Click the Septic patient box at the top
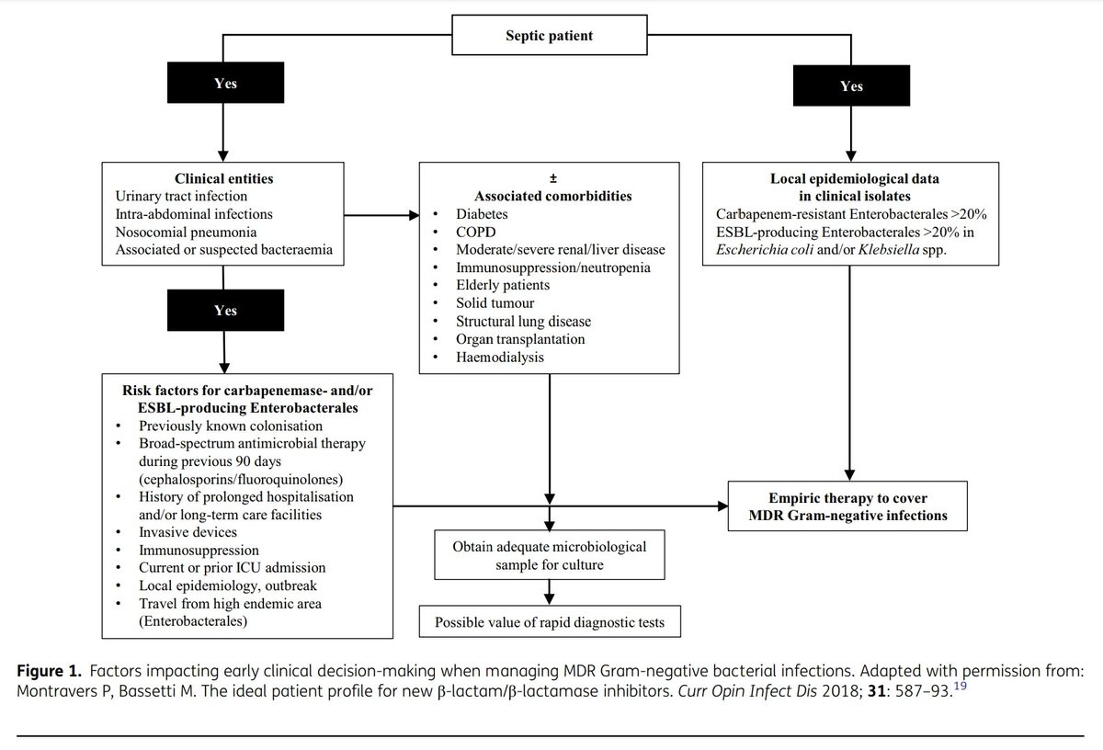pos(550,37)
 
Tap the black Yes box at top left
pos(224,84)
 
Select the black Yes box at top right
pos(851,86)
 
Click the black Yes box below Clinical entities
pos(224,311)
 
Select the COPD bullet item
pos(476,232)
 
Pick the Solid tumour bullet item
pos(495,303)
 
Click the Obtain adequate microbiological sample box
pos(550,555)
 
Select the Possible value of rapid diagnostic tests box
pos(550,622)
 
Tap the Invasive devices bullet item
pos(188,532)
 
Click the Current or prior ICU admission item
pos(232,568)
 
